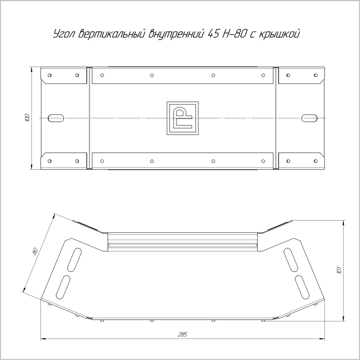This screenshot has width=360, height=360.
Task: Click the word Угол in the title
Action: (64, 35)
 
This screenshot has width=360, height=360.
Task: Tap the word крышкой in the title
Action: (279, 34)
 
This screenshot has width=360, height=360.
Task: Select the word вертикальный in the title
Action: (112, 34)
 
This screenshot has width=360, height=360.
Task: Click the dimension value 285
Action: (183, 334)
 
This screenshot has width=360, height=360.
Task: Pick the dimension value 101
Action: (339, 270)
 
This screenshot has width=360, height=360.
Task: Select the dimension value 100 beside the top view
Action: (27, 118)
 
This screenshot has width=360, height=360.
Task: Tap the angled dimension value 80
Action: (35, 251)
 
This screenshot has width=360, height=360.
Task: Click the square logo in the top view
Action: (183, 118)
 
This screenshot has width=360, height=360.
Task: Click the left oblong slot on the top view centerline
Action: (56, 118)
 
